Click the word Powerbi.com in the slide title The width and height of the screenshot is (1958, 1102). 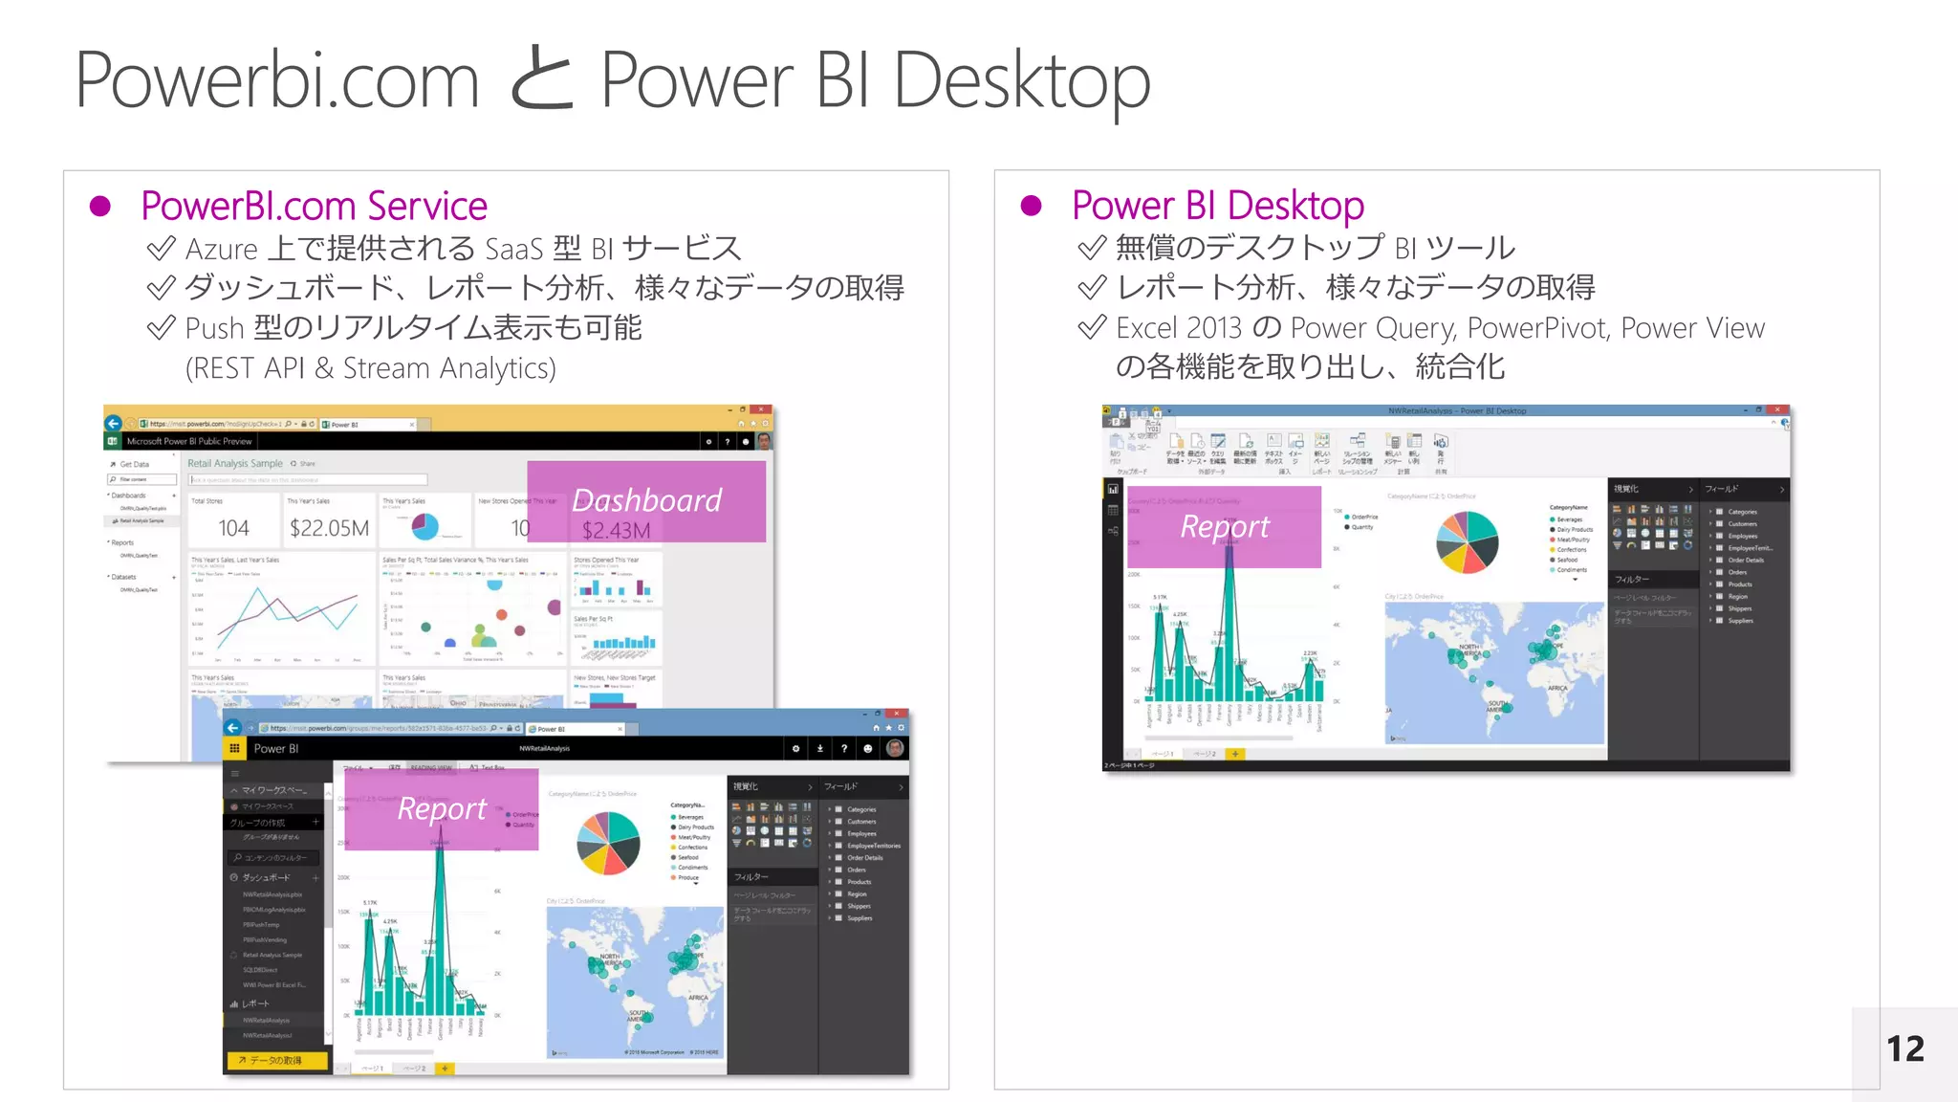(x=277, y=82)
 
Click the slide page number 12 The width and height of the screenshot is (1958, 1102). (x=1904, y=1049)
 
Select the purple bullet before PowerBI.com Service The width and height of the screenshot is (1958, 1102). (x=100, y=207)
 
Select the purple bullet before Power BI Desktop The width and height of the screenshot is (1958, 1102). (x=1031, y=206)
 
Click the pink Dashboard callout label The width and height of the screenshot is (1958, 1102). (x=646, y=501)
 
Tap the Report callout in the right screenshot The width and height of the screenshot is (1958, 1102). (x=1224, y=527)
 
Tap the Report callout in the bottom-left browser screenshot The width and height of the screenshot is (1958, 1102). (x=442, y=809)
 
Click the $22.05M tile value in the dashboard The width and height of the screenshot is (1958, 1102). (x=329, y=528)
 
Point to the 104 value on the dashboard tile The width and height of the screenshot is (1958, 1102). (x=233, y=528)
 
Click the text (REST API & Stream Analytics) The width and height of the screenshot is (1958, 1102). (x=370, y=368)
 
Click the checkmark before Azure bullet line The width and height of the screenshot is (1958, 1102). (x=161, y=249)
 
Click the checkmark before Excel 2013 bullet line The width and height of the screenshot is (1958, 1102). (x=1091, y=328)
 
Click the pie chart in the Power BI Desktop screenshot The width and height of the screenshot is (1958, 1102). (x=1467, y=541)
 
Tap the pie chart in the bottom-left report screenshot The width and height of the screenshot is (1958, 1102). (x=608, y=843)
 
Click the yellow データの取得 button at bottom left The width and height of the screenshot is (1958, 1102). (x=277, y=1060)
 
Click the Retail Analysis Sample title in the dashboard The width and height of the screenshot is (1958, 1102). (x=235, y=464)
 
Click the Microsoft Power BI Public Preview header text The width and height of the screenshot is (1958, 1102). (x=189, y=442)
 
